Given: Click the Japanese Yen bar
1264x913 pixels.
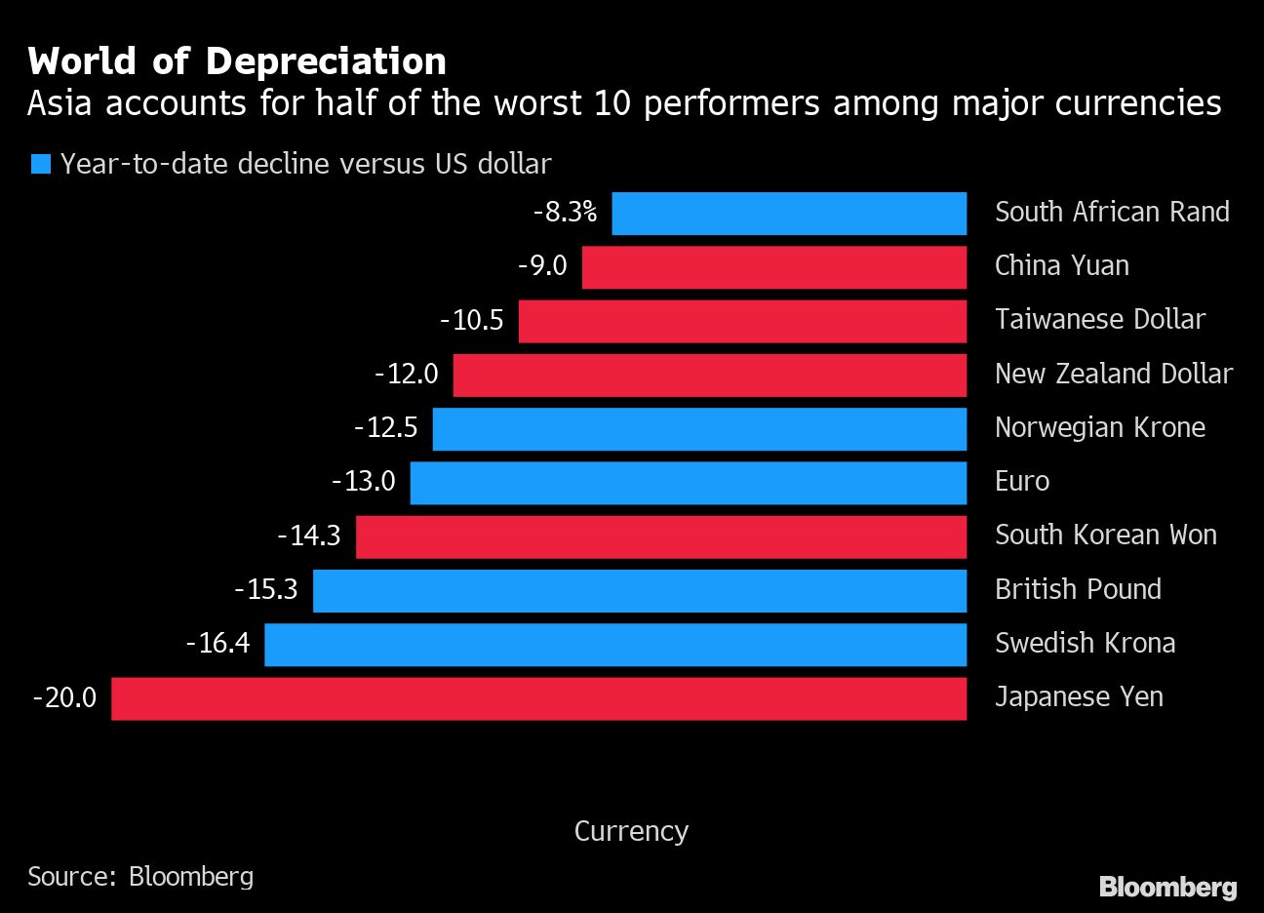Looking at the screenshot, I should [538, 698].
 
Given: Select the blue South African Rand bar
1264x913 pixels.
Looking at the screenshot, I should [788, 214].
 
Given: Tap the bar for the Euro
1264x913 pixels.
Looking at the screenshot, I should [688, 483].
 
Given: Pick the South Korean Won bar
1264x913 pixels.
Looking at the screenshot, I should [660, 536].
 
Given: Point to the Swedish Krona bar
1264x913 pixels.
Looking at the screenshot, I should [614, 645].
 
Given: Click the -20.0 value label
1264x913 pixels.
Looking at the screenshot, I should [64, 698].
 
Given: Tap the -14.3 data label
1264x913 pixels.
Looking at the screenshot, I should [308, 536].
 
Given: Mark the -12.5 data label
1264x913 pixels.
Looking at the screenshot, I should [385, 428].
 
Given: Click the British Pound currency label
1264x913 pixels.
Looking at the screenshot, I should [1078, 590].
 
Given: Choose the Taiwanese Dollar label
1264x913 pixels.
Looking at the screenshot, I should [1100, 320].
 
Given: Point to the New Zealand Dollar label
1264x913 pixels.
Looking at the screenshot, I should [1114, 375].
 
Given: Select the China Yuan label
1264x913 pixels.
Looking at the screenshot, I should [1061, 266].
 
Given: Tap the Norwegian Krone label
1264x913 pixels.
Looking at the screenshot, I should [1100, 428].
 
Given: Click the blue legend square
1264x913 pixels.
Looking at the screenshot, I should [41, 164].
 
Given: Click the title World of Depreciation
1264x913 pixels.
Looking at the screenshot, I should [237, 61].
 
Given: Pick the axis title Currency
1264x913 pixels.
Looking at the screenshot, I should [631, 831].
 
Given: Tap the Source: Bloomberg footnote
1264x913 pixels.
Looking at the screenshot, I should [140, 876].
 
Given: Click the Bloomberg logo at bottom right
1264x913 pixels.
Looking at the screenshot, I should [1167, 887].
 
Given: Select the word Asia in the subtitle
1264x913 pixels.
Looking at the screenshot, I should [59, 103].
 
